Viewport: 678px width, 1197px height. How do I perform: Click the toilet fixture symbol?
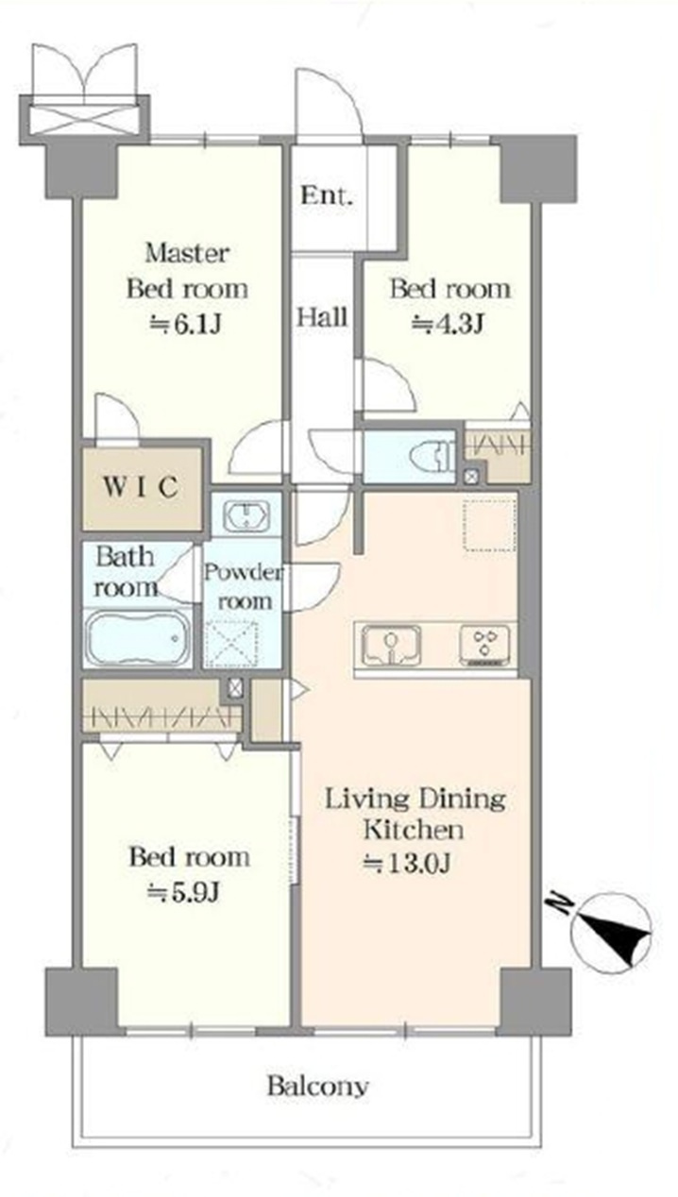click(x=431, y=455)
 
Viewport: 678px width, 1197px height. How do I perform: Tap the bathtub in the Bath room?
click(x=138, y=637)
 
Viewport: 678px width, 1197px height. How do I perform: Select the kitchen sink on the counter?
click(x=390, y=645)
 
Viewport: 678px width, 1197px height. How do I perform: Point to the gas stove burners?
click(x=485, y=645)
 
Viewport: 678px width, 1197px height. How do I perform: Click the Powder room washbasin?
click(x=246, y=515)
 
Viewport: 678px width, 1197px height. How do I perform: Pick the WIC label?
click(x=141, y=486)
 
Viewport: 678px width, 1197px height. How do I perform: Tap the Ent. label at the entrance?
click(x=327, y=195)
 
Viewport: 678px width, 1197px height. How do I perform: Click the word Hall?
click(x=322, y=317)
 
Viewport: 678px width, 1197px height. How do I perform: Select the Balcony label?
click(x=317, y=1087)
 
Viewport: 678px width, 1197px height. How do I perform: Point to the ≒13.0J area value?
click(x=406, y=863)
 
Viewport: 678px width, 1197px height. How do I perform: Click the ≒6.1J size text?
click(x=185, y=324)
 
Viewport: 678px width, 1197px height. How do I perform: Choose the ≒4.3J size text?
click(x=449, y=323)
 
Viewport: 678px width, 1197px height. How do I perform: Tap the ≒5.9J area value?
click(x=183, y=892)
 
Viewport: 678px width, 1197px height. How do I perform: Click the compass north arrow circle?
click(x=611, y=933)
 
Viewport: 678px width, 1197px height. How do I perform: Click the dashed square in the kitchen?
click(x=490, y=525)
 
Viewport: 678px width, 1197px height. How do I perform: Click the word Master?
click(x=187, y=253)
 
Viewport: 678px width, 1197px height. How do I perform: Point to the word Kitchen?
click(x=414, y=830)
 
